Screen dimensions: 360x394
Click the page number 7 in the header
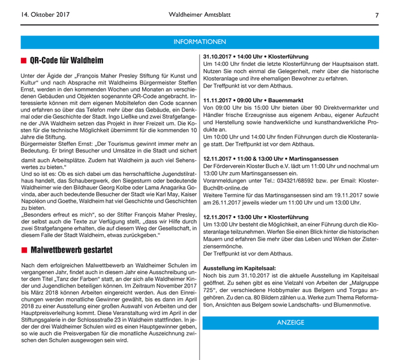click(377, 15)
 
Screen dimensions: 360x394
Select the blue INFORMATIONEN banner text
click(199, 42)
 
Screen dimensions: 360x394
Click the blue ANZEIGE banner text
click(290, 323)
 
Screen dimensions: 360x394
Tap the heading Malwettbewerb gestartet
click(71, 250)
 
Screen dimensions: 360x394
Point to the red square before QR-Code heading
click(23, 61)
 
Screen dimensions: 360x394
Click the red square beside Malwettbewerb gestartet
click(23, 250)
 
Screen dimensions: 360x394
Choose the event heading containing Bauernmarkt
click(253, 100)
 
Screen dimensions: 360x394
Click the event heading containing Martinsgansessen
click(270, 158)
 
